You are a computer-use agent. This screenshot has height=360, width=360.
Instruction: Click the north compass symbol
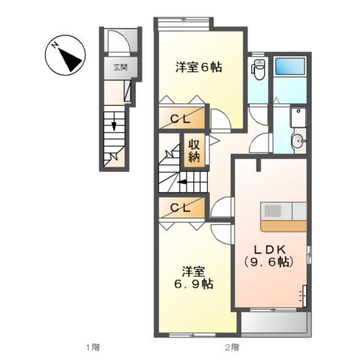pos(65,55)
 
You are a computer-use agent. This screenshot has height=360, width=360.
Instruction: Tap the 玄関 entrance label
pos(121,67)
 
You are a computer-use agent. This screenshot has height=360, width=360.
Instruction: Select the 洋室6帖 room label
pos(199,67)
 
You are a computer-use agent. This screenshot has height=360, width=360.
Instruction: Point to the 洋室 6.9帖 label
pos(193,277)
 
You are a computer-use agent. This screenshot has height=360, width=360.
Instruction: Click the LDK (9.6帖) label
pos(268,256)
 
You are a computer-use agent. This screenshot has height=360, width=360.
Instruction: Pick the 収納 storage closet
pos(194,151)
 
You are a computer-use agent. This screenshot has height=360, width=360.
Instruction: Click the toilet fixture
pos(258,69)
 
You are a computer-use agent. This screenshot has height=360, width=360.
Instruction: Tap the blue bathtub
pos(290,66)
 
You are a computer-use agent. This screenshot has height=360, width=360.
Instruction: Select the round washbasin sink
pos(298,142)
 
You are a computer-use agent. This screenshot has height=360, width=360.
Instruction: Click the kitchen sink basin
pos(273,211)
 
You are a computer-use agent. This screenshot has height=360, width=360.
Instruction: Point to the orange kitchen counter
pos(283,226)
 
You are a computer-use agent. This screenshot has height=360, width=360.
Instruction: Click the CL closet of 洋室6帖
pos(182,118)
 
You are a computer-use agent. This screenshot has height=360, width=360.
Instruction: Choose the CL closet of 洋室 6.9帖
pos(182,208)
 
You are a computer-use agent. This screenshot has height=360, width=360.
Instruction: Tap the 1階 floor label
pos(93,347)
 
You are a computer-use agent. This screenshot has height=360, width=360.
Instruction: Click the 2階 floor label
pos(232,347)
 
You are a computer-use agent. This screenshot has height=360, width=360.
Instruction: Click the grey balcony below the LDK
pos(274,322)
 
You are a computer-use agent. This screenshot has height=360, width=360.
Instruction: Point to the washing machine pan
pos(298,117)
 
